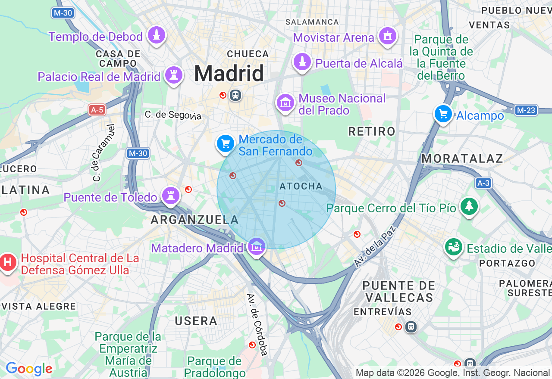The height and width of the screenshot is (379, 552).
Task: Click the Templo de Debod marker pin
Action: [157, 35]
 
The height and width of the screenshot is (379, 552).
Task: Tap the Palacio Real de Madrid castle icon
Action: [173, 75]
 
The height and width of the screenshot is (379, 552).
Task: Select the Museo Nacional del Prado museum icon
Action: [285, 103]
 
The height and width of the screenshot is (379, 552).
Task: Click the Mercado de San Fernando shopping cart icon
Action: [226, 144]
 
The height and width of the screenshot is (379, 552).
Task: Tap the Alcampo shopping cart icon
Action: [443, 114]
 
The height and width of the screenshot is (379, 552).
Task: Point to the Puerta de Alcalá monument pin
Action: [303, 62]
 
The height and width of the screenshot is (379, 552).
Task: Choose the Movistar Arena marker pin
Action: [387, 36]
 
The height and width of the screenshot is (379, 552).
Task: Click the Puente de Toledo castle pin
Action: [171, 196]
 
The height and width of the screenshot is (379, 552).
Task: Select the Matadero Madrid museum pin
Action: [257, 247]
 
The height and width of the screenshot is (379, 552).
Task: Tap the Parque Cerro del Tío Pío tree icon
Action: [469, 206]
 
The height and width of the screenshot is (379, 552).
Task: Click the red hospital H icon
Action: [8, 262]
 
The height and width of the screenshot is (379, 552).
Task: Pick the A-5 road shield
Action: [97, 110]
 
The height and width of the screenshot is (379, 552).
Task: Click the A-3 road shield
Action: [483, 183]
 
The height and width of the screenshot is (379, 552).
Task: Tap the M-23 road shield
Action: [526, 110]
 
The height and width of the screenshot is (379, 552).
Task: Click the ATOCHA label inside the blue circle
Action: [301, 186]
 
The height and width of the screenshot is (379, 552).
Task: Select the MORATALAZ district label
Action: [462, 158]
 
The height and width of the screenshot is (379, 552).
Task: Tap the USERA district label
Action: [196, 321]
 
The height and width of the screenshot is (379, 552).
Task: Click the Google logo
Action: [29, 369]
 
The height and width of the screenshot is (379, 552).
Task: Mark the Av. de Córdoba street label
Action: [257, 324]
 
